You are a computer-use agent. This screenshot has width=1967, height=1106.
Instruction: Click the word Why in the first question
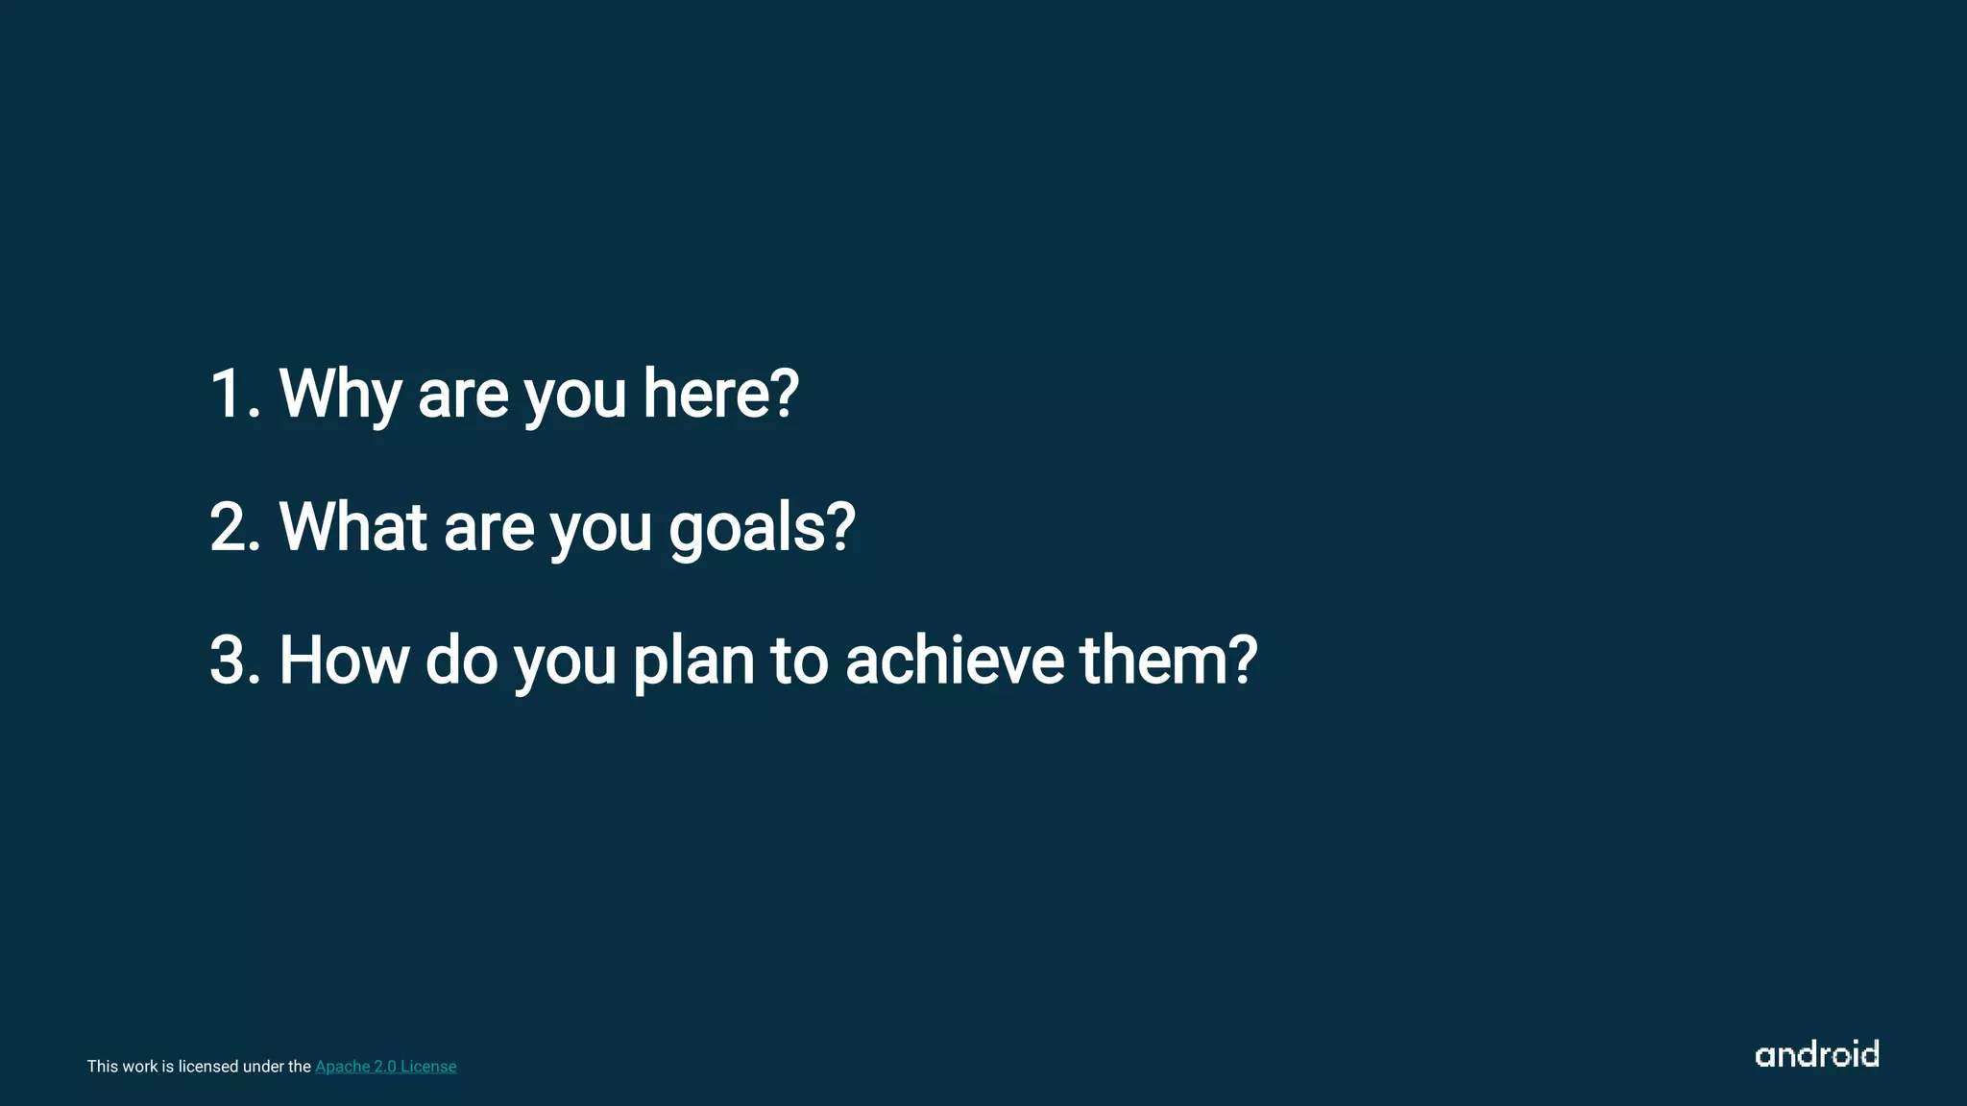click(339, 394)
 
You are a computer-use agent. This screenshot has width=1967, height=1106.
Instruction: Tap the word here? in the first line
click(720, 394)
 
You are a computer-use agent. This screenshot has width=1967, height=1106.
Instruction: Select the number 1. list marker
click(235, 394)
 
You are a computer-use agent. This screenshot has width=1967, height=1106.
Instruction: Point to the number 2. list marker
click(235, 527)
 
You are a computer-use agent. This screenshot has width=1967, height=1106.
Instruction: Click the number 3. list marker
click(235, 661)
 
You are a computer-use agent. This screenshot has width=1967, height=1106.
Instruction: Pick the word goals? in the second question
click(762, 527)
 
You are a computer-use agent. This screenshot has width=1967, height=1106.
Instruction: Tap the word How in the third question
click(344, 661)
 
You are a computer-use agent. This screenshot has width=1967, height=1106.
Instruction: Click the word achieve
click(955, 661)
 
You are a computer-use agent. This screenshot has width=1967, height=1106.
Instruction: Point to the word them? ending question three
click(1168, 661)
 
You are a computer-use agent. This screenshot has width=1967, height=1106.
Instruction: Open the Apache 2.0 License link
click(385, 1067)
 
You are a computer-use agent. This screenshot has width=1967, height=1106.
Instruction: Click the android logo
click(1816, 1054)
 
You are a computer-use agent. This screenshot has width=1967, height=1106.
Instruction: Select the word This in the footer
click(103, 1067)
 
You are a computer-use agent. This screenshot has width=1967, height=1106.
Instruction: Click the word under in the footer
click(264, 1067)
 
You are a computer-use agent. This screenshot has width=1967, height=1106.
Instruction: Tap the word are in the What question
click(488, 529)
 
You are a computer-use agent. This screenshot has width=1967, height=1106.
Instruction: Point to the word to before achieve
click(798, 661)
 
